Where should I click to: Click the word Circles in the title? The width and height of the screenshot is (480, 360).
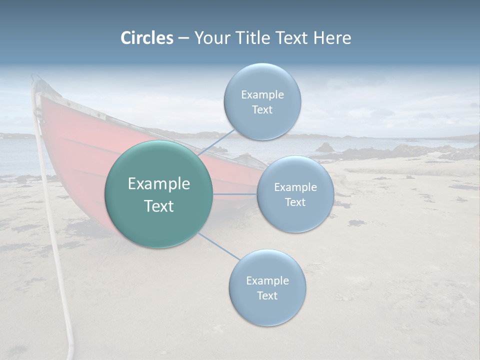[x=146, y=38]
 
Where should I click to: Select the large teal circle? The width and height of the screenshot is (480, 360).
[x=159, y=194]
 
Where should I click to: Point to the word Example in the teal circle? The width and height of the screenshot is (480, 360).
[x=159, y=183]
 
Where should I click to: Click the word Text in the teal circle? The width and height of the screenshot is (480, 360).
[x=159, y=205]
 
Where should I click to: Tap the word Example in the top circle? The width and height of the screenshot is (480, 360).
[x=262, y=94]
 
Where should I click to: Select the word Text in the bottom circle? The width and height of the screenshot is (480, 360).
[x=267, y=295]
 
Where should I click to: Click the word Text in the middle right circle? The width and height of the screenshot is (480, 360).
[x=295, y=202]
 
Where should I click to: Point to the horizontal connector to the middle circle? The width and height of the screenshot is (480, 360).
[x=234, y=194]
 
